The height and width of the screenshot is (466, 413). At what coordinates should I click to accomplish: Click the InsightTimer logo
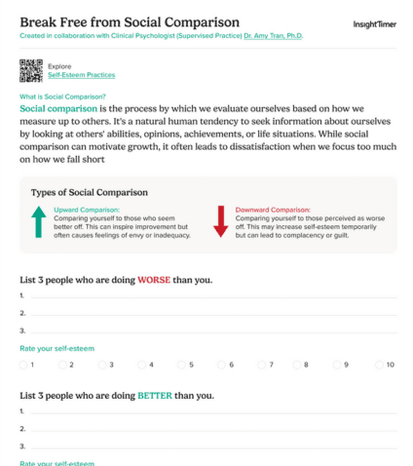click(373, 21)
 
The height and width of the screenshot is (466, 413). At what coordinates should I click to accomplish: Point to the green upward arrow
click(38, 221)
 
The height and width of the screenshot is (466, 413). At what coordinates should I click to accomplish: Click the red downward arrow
click(220, 221)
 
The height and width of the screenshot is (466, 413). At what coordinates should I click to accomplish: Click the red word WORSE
click(154, 280)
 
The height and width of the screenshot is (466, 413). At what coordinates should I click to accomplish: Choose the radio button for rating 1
click(23, 365)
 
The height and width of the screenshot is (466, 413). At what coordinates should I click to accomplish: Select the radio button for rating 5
click(181, 365)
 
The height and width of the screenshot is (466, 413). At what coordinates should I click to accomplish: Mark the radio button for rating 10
click(379, 365)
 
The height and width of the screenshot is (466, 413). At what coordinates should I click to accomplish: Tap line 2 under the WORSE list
click(209, 313)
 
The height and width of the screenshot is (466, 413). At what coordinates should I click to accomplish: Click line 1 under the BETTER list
click(209, 411)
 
